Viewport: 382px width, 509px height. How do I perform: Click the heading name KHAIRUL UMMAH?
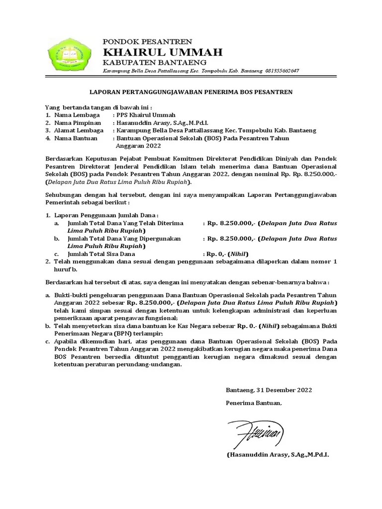point(162,52)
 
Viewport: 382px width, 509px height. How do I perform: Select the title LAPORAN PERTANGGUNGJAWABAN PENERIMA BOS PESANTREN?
point(191,92)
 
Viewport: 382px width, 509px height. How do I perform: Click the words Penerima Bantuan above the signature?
point(253,403)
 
